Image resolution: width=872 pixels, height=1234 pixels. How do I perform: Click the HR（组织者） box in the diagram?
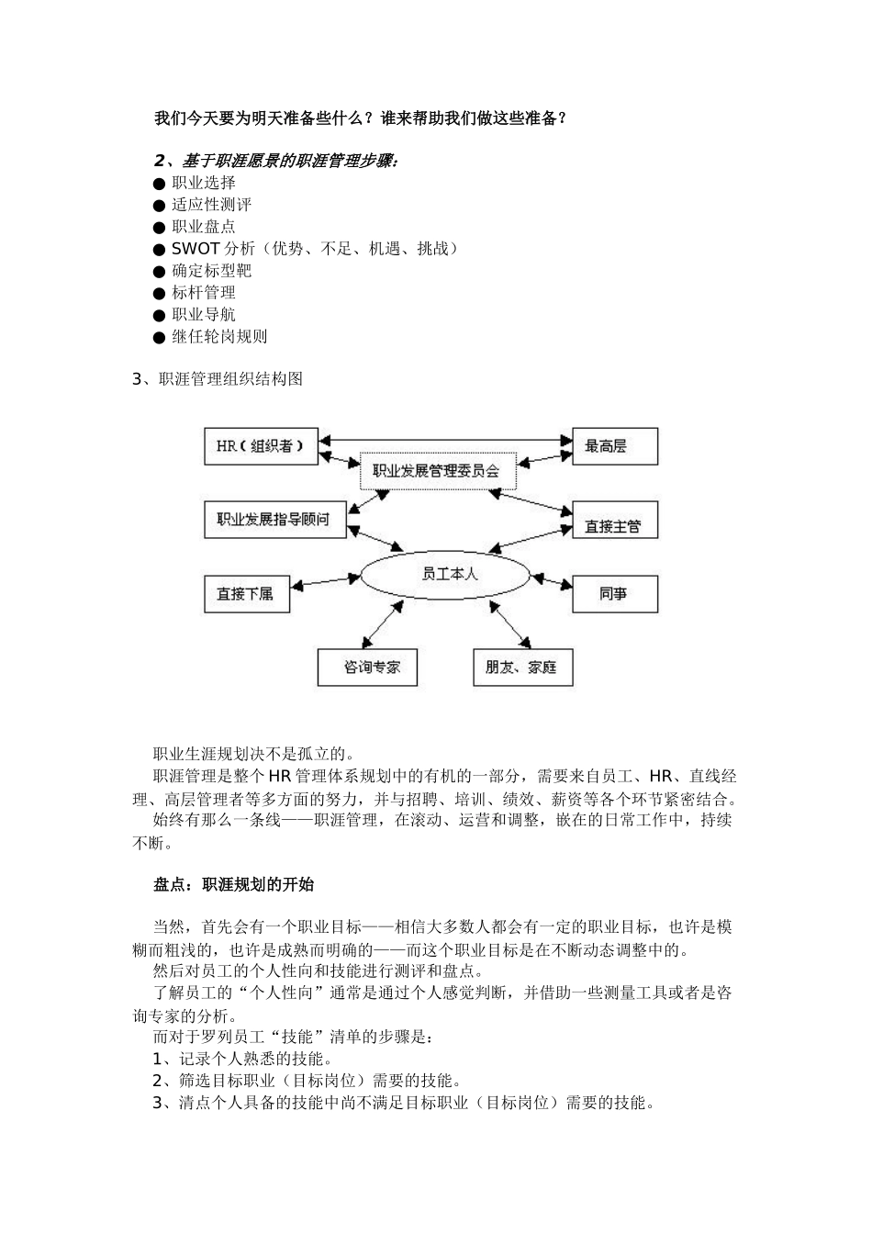[x=261, y=446]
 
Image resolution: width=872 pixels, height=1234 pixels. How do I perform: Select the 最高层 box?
[x=615, y=446]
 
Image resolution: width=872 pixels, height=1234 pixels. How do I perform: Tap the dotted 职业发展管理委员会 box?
[x=437, y=471]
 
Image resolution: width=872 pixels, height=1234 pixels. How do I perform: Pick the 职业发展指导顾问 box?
[x=274, y=520]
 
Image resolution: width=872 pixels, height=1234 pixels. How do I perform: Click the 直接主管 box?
[x=615, y=526]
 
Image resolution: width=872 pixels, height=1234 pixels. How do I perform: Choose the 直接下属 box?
[x=246, y=594]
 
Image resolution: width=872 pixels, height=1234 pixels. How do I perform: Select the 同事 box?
[x=615, y=594]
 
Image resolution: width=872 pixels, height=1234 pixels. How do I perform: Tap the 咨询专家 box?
[x=366, y=667]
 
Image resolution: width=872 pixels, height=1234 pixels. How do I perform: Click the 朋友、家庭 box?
[x=522, y=667]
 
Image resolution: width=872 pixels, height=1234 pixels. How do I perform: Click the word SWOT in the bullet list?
[x=196, y=249]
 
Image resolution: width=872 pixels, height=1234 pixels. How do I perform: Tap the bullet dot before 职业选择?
[x=160, y=184]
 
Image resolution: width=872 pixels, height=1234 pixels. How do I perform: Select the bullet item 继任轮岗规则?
[x=219, y=337]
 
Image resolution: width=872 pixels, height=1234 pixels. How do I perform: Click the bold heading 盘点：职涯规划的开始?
[x=233, y=885]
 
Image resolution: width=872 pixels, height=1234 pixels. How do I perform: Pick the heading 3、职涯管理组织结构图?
[x=218, y=378]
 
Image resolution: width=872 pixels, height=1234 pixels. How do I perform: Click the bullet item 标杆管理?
[x=204, y=293]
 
